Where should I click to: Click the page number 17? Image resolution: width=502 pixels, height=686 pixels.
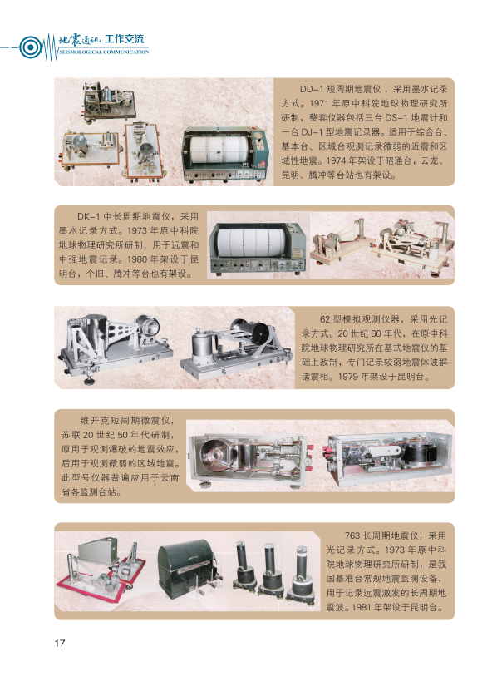[x=60, y=643]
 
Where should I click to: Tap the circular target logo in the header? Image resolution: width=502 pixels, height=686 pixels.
[x=30, y=47]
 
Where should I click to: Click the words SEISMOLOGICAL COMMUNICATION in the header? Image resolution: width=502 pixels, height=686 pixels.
[x=104, y=52]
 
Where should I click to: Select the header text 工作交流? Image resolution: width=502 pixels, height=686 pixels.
[x=124, y=39]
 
